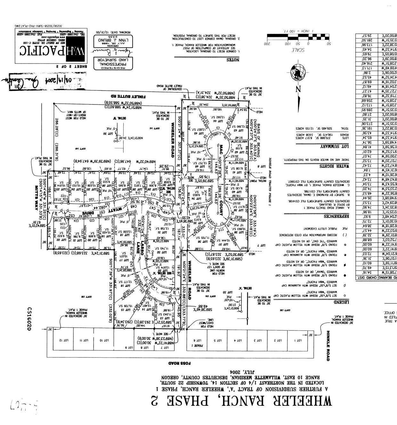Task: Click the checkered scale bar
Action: (297, 37)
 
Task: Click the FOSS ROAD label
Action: (180, 363)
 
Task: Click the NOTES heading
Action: (233, 60)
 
